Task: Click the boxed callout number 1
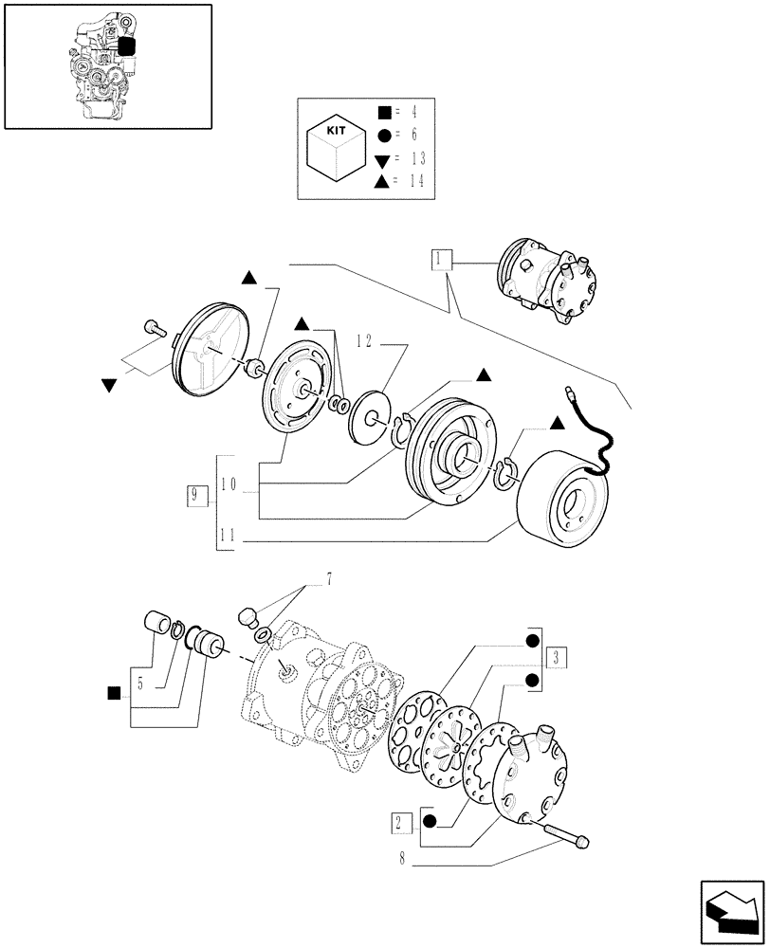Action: [441, 258]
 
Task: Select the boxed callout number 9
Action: [195, 494]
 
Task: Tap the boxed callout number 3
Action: [558, 655]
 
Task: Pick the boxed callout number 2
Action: [398, 821]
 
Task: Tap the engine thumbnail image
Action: [107, 65]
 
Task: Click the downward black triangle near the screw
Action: [110, 385]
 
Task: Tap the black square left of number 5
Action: [114, 693]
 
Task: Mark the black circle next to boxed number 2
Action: [429, 821]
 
